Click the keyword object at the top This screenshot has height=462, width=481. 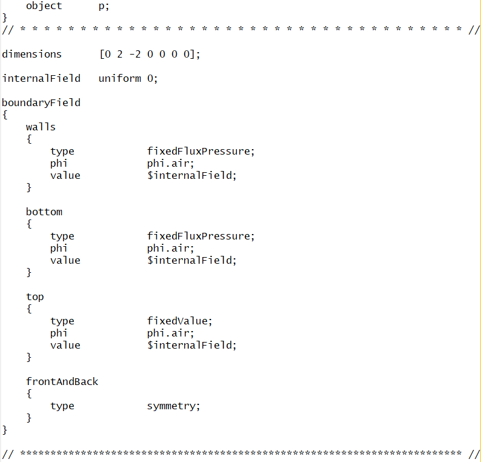[44, 5]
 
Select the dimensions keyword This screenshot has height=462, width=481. [32, 54]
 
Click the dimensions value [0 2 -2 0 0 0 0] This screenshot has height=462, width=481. [149, 54]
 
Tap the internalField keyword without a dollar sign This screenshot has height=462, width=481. [41, 78]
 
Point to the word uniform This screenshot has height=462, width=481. [119, 78]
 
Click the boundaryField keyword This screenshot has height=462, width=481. [41, 102]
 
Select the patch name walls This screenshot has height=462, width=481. [41, 127]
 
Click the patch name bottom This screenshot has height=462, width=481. [44, 212]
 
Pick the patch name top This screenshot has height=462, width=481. [35, 296]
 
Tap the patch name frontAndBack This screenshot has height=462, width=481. [62, 381]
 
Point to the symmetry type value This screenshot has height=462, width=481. [173, 406]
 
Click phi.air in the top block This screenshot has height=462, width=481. [170, 333]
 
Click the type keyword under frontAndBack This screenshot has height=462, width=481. [62, 406]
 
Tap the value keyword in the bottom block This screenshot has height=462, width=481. [65, 260]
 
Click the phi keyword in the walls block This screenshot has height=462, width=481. [59, 163]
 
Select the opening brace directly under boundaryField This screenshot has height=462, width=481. [4, 114]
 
